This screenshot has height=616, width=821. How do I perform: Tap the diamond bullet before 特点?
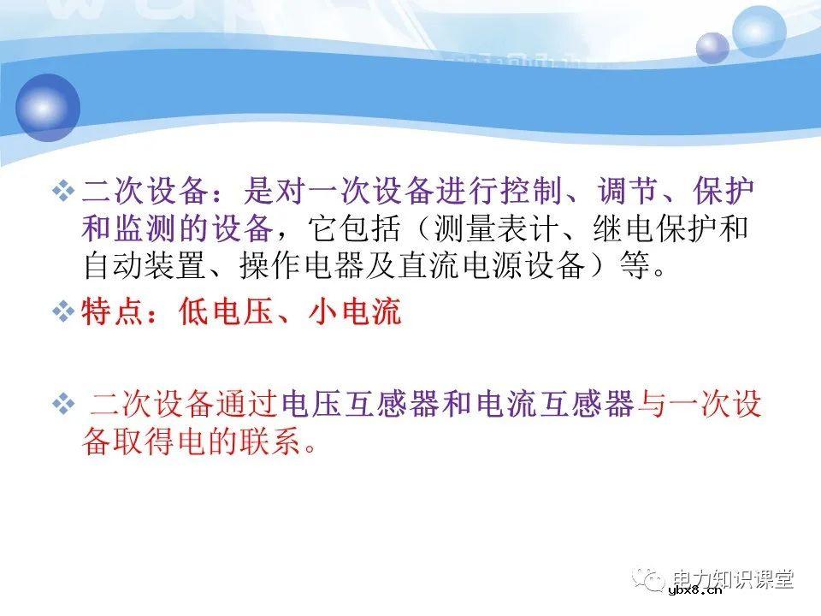pos(63,313)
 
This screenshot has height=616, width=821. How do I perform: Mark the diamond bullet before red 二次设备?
pos(63,403)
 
